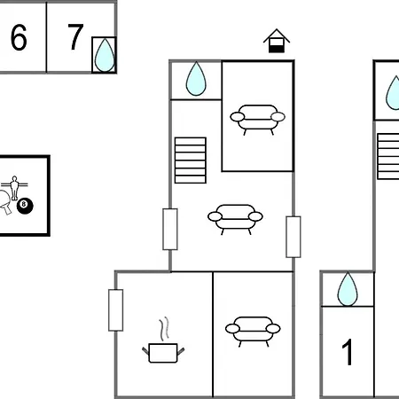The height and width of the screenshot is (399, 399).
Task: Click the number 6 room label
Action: tap(19, 37)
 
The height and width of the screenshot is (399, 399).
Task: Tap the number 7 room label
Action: tap(75, 36)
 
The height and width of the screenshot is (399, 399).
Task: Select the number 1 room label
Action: tap(348, 352)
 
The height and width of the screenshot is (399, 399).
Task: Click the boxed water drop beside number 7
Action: tap(105, 55)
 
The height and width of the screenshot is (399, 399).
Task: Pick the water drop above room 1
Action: tap(348, 289)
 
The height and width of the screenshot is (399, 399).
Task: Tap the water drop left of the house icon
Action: tap(196, 79)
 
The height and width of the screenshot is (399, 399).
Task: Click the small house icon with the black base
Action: tap(277, 41)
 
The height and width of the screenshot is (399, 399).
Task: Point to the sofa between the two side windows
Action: tap(235, 219)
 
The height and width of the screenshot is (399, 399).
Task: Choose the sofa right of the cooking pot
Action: tap(253, 332)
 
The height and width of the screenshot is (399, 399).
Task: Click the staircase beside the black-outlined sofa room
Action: tap(191, 160)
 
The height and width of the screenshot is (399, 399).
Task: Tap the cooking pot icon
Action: tap(163, 353)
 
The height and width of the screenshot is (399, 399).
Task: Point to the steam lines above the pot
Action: tap(165, 329)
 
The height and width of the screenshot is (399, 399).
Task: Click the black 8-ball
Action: tap(25, 206)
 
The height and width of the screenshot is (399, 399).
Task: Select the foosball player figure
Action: tap(14, 187)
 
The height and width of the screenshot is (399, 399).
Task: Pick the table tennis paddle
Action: tap(5, 202)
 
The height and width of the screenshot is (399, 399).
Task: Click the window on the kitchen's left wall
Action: tap(116, 310)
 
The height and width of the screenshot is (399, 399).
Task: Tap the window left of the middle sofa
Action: tap(170, 229)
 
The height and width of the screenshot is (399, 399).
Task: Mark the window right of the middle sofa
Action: tap(293, 237)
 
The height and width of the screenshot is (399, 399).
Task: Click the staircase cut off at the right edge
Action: tap(388, 156)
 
